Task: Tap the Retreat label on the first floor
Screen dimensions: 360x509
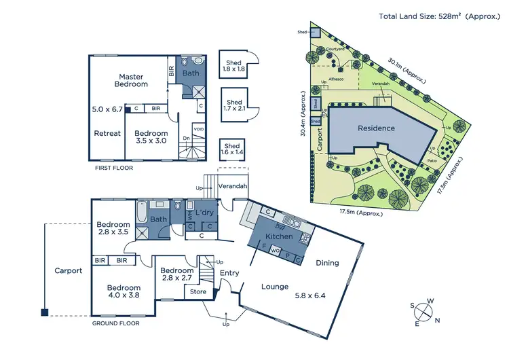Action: [107, 133]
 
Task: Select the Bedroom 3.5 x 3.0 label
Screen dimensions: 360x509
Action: [151, 138]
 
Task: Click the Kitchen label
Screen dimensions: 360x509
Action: [279, 236]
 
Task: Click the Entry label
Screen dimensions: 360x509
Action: [229, 273]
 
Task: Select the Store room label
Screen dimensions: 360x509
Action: [198, 292]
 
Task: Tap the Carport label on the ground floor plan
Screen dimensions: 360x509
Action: [68, 270]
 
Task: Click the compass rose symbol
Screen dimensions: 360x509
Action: [424, 312]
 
